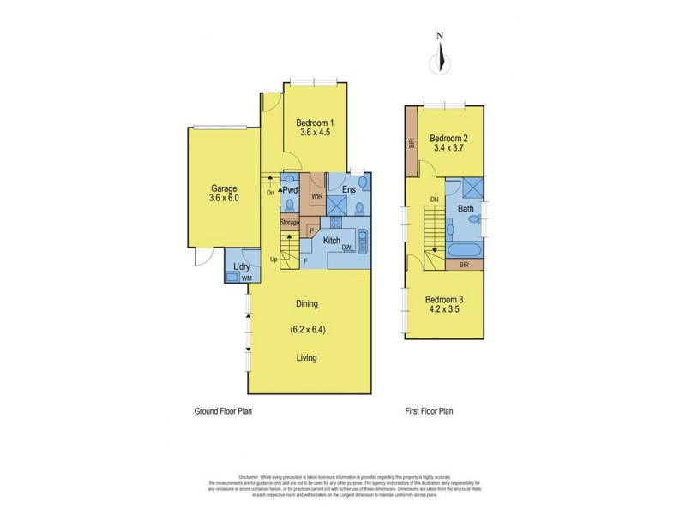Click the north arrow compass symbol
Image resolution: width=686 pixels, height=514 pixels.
[x=440, y=59]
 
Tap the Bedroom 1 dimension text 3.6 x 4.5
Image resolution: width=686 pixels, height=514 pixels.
[x=316, y=133]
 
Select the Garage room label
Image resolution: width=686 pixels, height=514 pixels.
[x=224, y=188]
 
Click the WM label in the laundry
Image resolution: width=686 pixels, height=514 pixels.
[x=247, y=278]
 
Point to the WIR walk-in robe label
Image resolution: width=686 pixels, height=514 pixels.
[x=316, y=196]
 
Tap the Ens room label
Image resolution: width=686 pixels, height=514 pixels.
[x=349, y=189]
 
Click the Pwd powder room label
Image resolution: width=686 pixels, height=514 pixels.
[x=289, y=189]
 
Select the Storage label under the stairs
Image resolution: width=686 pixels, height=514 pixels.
[x=289, y=223]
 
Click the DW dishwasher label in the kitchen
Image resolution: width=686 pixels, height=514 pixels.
[x=346, y=248]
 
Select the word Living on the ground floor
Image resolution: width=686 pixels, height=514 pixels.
[x=307, y=357]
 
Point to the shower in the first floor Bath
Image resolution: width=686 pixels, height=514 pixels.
[x=472, y=189]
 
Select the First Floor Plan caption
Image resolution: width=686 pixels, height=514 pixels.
[x=429, y=411]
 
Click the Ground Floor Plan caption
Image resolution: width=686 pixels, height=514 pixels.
[x=222, y=411]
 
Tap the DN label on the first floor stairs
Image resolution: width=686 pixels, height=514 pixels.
[x=435, y=200]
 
